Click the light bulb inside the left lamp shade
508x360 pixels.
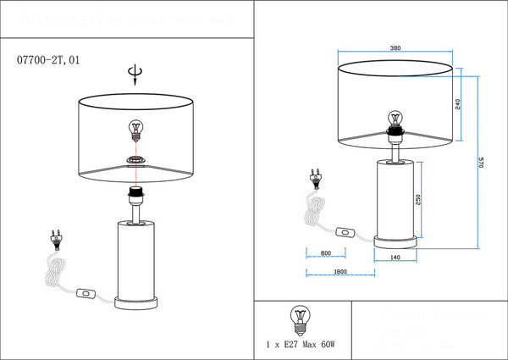135,130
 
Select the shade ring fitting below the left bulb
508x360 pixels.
135,159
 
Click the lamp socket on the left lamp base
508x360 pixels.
135,196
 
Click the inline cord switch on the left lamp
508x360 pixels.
86,294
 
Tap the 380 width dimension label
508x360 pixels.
395,48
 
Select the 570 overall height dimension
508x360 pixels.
481,163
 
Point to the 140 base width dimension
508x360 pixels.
395,256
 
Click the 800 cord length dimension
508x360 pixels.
326,253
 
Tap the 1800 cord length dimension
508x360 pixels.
340,271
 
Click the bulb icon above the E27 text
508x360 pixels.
298,318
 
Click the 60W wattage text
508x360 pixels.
328,345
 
